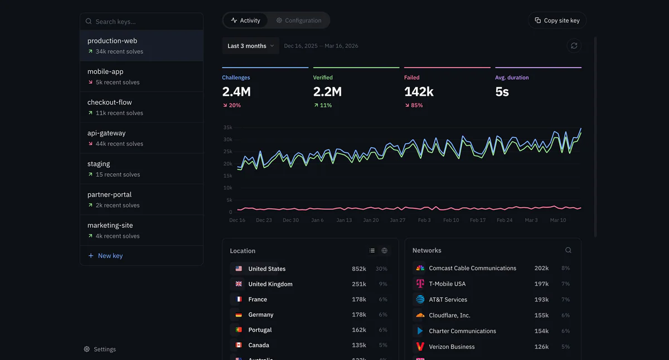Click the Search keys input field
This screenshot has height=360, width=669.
click(x=145, y=22)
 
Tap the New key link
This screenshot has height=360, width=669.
click(x=110, y=256)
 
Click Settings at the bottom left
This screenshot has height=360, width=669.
click(x=104, y=349)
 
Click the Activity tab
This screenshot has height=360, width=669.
click(x=245, y=21)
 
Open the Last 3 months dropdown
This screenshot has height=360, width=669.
click(x=250, y=46)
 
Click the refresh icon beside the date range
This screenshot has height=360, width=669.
click(x=574, y=46)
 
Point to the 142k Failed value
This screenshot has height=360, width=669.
click(x=419, y=91)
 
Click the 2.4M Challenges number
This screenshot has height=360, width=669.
click(x=236, y=91)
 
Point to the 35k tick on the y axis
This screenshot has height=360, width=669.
click(x=227, y=128)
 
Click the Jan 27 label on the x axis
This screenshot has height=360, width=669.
click(x=397, y=220)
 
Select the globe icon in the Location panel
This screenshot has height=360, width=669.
click(x=384, y=251)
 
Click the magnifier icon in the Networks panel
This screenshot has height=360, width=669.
click(x=568, y=251)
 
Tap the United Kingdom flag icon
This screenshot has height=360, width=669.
click(x=239, y=284)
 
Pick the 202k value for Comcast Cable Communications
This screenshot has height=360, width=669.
click(x=541, y=268)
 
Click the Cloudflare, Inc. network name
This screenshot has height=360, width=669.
click(x=449, y=315)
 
